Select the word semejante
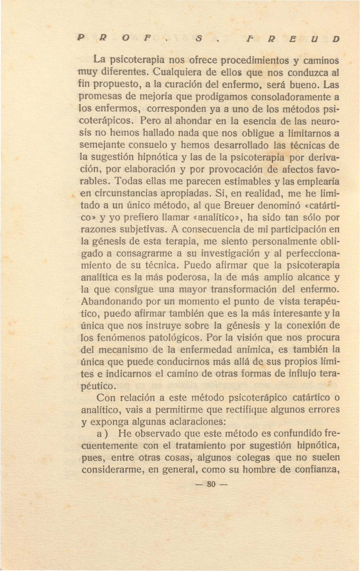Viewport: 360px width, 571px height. tap(102, 145)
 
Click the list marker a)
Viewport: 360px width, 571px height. tap(102, 434)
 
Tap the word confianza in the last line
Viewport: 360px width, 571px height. tap(318, 470)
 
